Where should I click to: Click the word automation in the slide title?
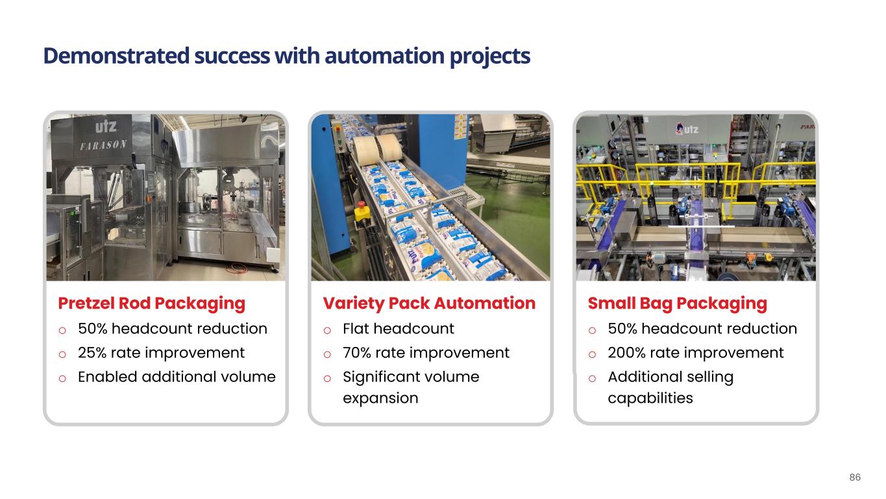click(384, 56)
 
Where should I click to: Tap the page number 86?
click(855, 477)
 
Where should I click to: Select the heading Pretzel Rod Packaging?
click(151, 304)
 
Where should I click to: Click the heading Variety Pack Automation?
click(429, 303)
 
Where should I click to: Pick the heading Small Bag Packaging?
click(677, 304)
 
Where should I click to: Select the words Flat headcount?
click(399, 329)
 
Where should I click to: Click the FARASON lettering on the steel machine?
click(104, 145)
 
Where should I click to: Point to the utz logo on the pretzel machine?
click(106, 127)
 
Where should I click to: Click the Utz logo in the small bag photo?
click(687, 129)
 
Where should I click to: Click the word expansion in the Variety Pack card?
click(380, 398)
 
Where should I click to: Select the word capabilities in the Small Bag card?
click(650, 398)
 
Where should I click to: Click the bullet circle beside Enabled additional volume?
click(62, 379)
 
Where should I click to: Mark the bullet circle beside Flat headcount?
click(327, 330)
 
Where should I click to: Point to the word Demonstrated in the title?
click(116, 56)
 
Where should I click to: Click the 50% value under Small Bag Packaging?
click(622, 329)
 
